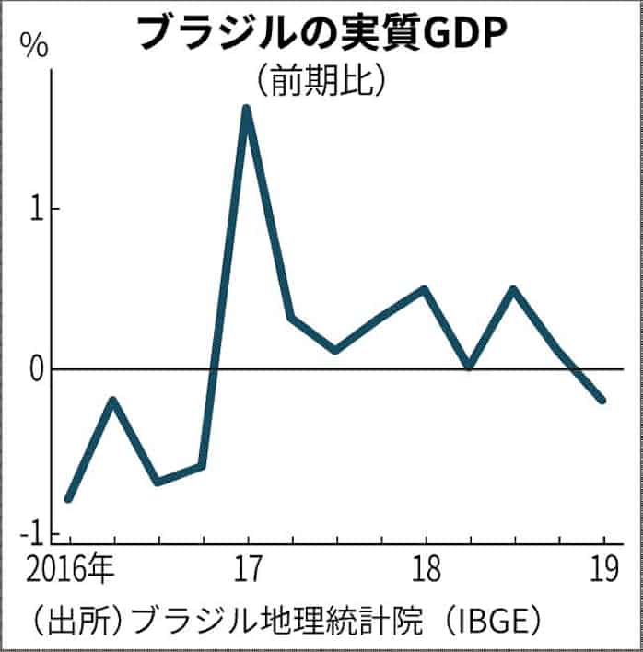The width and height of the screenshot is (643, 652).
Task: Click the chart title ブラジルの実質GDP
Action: pos(321,33)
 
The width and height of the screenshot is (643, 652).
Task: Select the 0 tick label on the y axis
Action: pos(38,370)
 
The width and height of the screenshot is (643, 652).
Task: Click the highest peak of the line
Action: pos(246,110)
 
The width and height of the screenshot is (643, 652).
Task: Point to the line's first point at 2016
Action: pos(69,498)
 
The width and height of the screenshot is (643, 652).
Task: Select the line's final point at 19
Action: pos(603,401)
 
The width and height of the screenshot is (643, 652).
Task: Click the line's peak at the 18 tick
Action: pos(425,289)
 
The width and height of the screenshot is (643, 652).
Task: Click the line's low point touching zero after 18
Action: pos(469,367)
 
